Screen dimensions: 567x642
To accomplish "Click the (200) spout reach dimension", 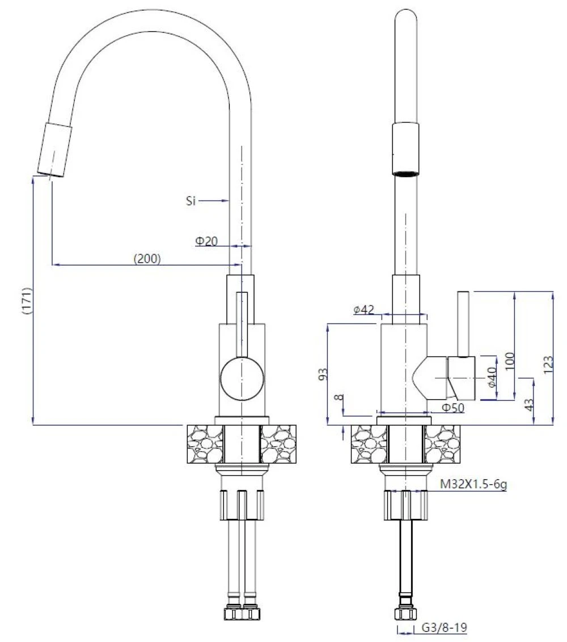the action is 147,259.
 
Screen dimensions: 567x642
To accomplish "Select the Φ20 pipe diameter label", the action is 206,241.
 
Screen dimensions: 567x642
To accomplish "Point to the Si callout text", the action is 191,200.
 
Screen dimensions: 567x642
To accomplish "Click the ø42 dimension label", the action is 363,310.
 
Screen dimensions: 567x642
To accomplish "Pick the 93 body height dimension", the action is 323,374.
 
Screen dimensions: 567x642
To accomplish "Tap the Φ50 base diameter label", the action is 453,408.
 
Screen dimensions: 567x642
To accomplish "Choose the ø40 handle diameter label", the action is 492,377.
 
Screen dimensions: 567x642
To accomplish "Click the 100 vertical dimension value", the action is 509,360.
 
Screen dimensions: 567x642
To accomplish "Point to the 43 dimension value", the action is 530,405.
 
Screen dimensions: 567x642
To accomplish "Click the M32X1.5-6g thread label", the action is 473,484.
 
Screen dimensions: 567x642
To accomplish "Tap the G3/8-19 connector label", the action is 444,627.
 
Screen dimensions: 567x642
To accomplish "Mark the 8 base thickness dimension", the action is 338,397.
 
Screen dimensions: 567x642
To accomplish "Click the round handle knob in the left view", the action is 242,378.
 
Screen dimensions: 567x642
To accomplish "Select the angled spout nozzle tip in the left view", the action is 55,150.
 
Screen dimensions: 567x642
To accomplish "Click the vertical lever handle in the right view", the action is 463,324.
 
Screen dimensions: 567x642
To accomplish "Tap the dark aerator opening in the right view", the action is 405,174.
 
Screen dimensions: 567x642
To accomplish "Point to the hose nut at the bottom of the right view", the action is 405,613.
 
